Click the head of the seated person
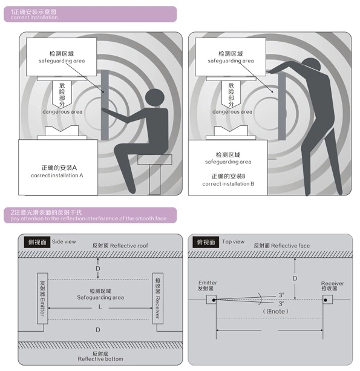click(156, 98)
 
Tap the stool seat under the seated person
click(154, 160)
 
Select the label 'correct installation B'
click(228, 183)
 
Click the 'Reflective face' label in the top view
click(281, 246)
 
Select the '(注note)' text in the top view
click(275, 311)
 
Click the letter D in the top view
click(295, 278)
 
